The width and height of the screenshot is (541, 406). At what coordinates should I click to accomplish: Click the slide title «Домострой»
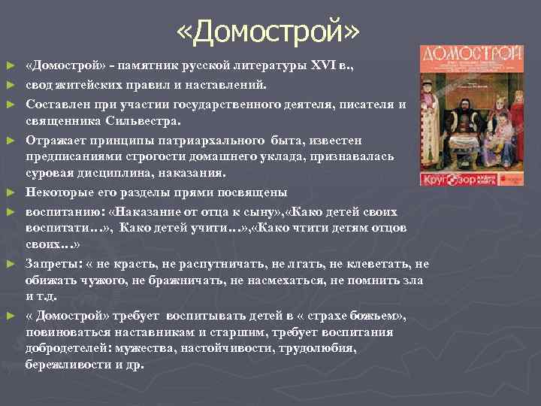[270, 31]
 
